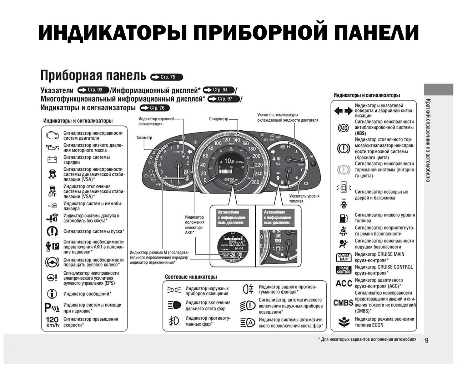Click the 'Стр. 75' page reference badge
coord(167,77)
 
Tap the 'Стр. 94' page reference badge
coord(219,90)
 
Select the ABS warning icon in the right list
coord(343,127)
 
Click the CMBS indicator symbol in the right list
coord(343,302)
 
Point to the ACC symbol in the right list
coord(344,283)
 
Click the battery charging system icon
coord(52,159)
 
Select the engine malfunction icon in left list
coord(52,135)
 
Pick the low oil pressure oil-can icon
coord(52,147)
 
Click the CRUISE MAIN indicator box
coord(344,257)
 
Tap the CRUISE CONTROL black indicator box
coord(344,270)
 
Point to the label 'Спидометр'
coord(219,119)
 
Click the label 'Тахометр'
coord(144,137)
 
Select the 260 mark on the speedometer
coord(255,182)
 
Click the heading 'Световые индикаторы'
coord(191,277)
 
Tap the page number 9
coord(427,340)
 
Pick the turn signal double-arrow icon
coord(343,111)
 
